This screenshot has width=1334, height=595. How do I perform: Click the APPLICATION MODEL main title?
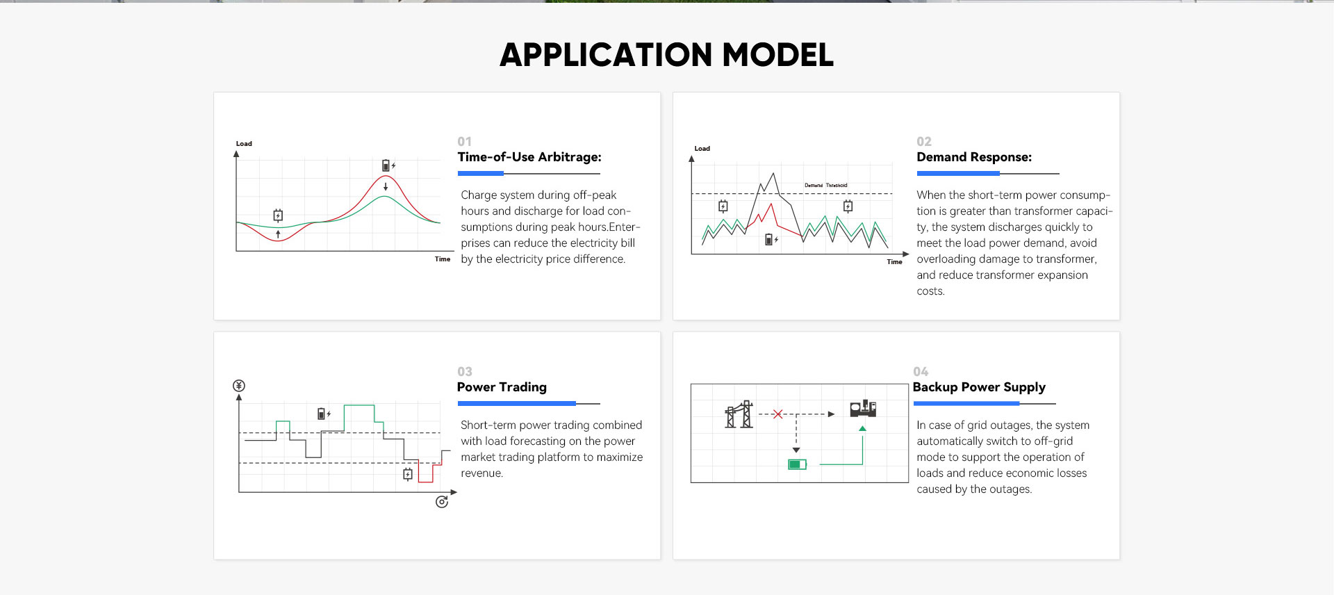coord(666,55)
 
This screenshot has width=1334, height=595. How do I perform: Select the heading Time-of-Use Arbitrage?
coord(529,157)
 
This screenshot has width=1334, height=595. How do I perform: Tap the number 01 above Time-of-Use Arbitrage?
coord(464,141)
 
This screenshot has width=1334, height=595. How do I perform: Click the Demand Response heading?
coord(974,157)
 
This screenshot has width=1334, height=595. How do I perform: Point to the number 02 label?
coord(924,141)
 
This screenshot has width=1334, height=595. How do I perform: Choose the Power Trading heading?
coord(502,387)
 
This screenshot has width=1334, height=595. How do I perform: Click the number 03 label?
coord(465,371)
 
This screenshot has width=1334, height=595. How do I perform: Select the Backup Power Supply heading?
coord(979,387)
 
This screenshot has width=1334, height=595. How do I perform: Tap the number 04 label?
coord(921,371)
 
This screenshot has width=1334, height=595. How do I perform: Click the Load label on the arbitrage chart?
coord(244,144)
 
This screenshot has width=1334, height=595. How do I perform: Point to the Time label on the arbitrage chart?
coord(443,259)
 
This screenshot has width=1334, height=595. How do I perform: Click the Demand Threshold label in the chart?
coord(826,186)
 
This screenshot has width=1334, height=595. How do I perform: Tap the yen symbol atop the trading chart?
coord(239,386)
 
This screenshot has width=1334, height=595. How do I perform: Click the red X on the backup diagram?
coord(777,414)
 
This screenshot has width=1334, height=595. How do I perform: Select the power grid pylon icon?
coord(739,414)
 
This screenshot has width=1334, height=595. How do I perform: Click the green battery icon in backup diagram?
coord(797,464)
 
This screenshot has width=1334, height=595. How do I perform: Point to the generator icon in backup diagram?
coord(863,408)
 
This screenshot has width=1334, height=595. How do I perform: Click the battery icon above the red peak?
coord(386,165)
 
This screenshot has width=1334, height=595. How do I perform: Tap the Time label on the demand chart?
coord(894,262)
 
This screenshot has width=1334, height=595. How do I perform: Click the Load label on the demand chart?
coord(702,149)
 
